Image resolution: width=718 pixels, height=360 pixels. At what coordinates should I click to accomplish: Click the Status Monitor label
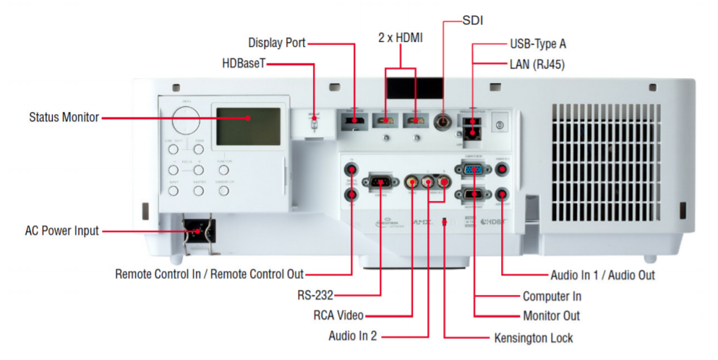pos(64,117)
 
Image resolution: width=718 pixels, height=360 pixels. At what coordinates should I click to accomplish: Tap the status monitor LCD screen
pos(246,127)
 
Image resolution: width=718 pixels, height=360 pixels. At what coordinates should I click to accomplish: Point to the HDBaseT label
pos(244,64)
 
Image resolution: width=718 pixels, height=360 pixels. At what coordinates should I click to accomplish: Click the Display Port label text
pos(277,43)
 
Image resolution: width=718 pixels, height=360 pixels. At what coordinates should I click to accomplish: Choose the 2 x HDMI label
pos(400,36)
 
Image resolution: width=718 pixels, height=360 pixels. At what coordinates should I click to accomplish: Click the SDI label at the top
pos(472,20)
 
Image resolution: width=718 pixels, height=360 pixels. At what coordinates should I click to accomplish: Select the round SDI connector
pos(443,122)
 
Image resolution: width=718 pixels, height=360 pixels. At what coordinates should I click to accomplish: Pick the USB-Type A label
pos(537,44)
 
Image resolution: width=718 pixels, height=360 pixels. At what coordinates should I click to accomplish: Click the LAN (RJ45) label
pos(537,64)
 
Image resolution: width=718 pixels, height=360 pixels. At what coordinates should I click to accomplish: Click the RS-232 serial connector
pos(380,181)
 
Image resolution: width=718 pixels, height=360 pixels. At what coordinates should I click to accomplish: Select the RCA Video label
pos(338,315)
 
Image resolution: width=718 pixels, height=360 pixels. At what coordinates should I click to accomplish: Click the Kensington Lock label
pos(533,338)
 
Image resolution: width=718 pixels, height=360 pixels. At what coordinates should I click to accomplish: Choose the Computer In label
pos(552,296)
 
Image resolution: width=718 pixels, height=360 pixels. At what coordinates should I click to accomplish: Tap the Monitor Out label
pos(551,316)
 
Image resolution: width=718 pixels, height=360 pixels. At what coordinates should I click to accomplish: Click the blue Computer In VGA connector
pos(474,171)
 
